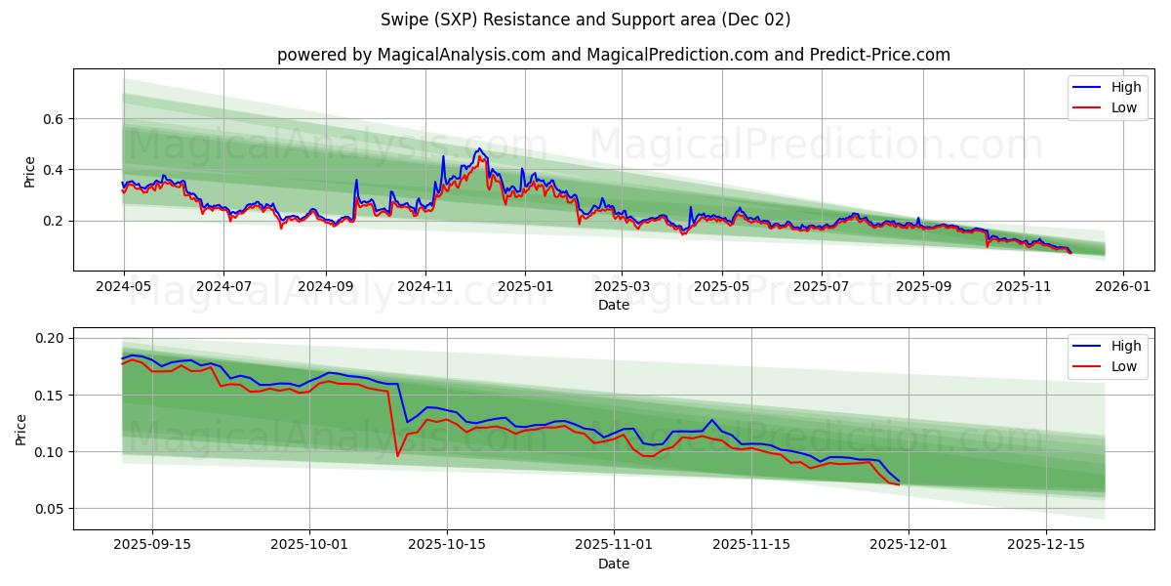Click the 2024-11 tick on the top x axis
click(x=424, y=287)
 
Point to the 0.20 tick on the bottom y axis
click(x=51, y=338)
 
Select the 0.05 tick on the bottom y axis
click(x=51, y=509)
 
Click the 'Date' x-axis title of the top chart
click(x=613, y=305)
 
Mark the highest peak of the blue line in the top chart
click(x=478, y=149)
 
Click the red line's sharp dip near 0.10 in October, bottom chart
click(x=397, y=455)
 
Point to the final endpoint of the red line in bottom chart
click(x=899, y=484)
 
